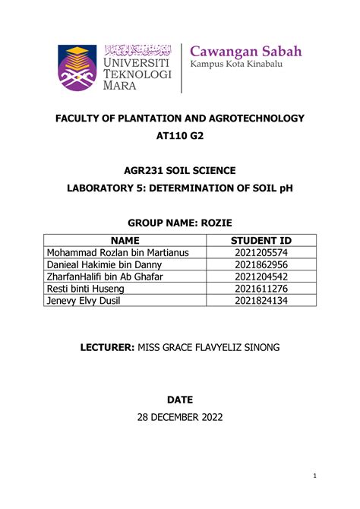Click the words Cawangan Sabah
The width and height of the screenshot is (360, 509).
point(246,52)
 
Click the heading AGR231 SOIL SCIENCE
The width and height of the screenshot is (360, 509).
point(180,172)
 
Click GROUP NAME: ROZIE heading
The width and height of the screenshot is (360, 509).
point(180,224)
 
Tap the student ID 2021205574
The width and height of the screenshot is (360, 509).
point(261,254)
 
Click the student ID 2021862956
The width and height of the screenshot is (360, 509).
point(261,265)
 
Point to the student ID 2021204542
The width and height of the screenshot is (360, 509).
point(261,277)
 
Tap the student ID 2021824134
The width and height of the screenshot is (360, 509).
point(261,301)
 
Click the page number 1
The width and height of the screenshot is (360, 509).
point(314,476)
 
